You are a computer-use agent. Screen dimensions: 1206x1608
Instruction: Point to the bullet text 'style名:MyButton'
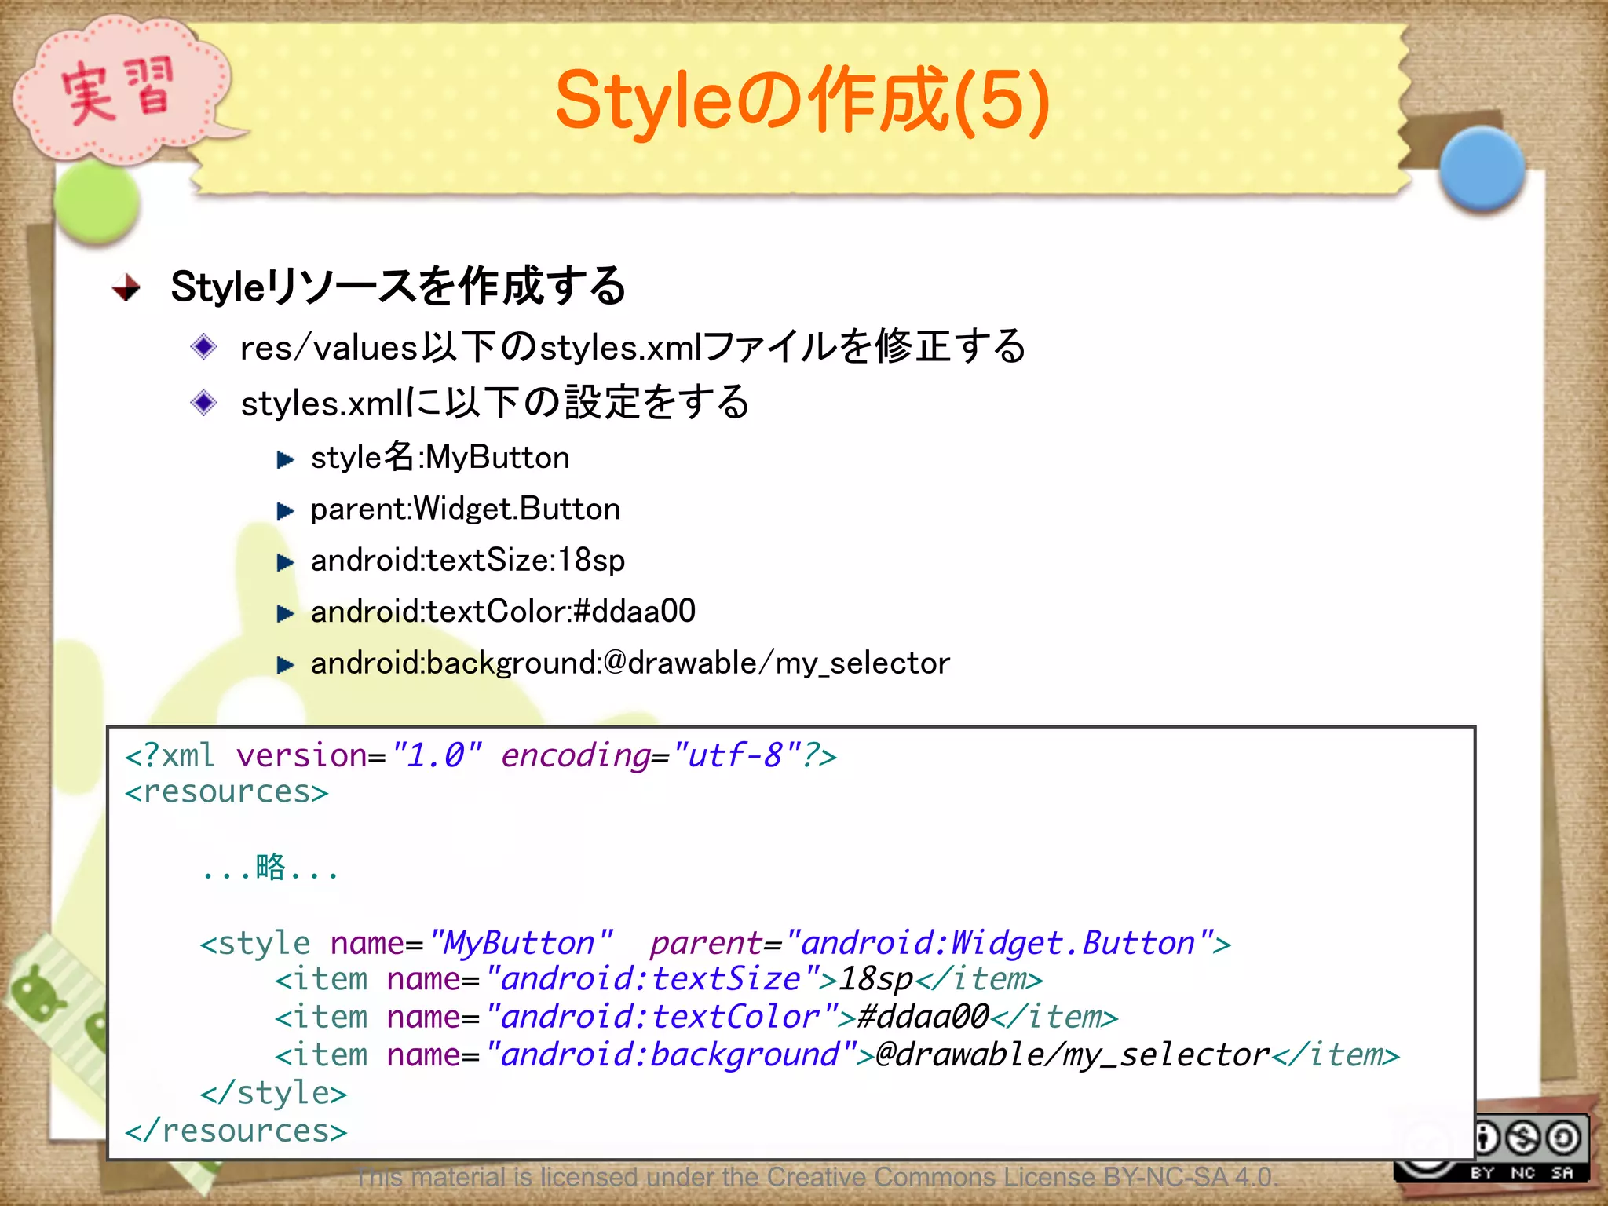point(440,458)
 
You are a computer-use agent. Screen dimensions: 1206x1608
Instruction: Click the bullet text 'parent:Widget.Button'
point(465,510)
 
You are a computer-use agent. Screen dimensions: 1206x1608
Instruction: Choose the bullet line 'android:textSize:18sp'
point(468,561)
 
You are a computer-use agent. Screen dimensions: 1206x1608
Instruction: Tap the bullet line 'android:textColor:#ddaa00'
point(502,612)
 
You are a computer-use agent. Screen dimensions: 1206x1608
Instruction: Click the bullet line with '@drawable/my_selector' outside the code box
point(630,663)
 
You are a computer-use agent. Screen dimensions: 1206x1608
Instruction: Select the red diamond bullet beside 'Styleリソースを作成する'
point(126,287)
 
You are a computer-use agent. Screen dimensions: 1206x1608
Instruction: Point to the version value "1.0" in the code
point(437,755)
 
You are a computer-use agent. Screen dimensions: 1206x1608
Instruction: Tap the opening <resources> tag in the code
point(226,792)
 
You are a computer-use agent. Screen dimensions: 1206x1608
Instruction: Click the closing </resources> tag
point(236,1131)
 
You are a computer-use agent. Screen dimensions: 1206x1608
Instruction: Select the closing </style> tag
point(273,1093)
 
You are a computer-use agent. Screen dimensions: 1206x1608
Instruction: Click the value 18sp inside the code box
point(875,979)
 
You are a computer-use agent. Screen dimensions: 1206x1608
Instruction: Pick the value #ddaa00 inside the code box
point(923,1018)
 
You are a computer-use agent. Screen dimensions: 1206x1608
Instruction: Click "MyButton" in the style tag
point(520,943)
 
